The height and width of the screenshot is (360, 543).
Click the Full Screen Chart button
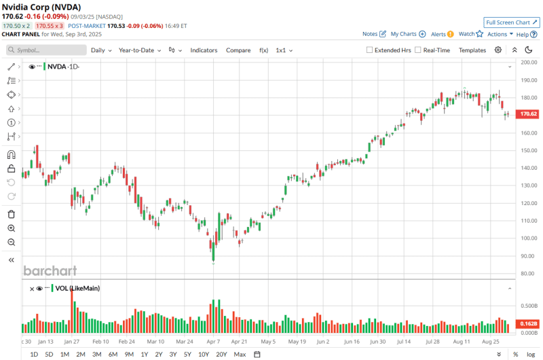pyautogui.click(x=511, y=22)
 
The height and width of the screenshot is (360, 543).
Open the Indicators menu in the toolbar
pyautogui.click(x=204, y=50)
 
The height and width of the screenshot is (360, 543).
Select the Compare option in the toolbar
pyautogui.click(x=238, y=50)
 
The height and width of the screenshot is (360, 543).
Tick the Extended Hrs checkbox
pyautogui.click(x=369, y=50)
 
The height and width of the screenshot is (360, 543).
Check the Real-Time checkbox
pyautogui.click(x=418, y=50)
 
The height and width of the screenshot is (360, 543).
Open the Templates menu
pyautogui.click(x=472, y=50)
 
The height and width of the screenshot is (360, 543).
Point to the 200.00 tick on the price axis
pyautogui.click(x=529, y=62)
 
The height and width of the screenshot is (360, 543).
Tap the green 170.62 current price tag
pyautogui.click(x=529, y=114)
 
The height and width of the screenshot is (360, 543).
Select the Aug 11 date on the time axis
pyautogui.click(x=462, y=342)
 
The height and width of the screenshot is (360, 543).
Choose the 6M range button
pyautogui.click(x=113, y=355)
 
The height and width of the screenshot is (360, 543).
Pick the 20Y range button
pyautogui.click(x=221, y=355)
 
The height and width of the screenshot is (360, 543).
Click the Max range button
pyautogui.click(x=240, y=355)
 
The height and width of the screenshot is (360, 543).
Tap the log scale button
pyautogui.click(x=530, y=355)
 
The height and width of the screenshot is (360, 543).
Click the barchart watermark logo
pyautogui.click(x=50, y=271)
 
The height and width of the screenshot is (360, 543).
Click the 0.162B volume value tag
pyautogui.click(x=529, y=324)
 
